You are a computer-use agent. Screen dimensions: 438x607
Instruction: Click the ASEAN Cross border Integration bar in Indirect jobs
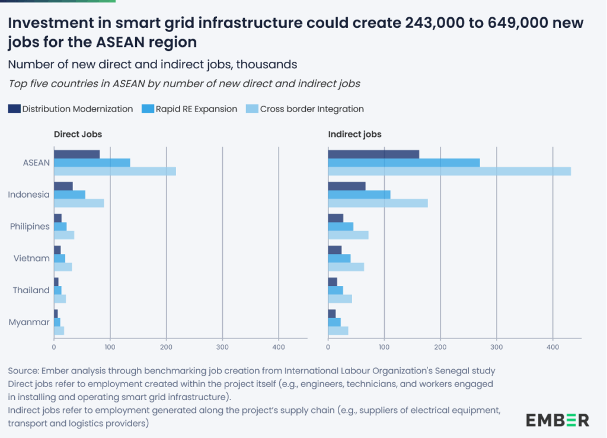click(449, 172)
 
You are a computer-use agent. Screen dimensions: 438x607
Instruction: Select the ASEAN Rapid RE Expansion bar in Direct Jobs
click(92, 163)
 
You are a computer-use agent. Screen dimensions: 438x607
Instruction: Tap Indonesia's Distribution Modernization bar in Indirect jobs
click(347, 186)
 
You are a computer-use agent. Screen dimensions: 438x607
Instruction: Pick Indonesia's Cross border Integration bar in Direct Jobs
click(79, 203)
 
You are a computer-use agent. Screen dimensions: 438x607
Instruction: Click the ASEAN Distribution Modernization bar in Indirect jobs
click(373, 154)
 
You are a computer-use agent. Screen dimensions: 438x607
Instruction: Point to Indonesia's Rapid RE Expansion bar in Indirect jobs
click(359, 195)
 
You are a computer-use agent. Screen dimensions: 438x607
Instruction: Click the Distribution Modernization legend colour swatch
click(14, 109)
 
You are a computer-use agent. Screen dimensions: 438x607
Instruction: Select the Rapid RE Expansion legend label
click(196, 109)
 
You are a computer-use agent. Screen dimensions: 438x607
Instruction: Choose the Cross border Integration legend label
click(312, 109)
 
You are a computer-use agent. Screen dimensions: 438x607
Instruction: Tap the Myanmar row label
click(29, 322)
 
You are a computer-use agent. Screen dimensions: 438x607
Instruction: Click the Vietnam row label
click(31, 258)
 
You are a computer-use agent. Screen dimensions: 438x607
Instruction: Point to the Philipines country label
click(30, 226)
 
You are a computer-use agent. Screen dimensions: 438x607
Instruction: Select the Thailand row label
click(31, 290)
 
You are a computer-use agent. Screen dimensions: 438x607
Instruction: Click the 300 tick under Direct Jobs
click(222, 347)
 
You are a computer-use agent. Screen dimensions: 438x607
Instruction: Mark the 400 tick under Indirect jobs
click(552, 347)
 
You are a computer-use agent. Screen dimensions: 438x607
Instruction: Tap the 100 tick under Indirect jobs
click(384, 347)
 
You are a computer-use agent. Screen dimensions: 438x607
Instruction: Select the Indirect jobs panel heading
click(354, 135)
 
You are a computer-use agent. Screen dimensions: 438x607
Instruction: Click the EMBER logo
click(557, 420)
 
